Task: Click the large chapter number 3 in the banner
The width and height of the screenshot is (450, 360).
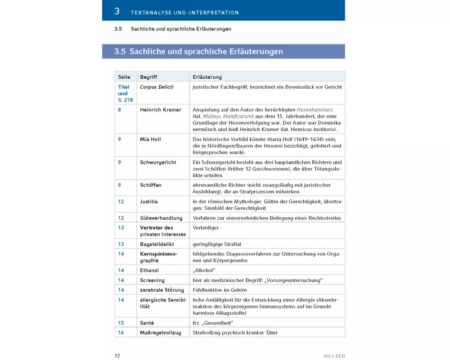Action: point(117,11)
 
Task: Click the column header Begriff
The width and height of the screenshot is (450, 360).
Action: point(148,77)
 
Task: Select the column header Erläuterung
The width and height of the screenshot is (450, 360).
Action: point(207,77)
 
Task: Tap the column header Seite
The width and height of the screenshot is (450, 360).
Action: point(124,77)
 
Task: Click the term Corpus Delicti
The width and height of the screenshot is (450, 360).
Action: point(157,87)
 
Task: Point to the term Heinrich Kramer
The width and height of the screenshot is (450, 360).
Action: point(160,110)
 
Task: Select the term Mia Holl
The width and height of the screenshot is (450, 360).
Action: point(150,139)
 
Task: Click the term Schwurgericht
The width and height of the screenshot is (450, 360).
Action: point(158,162)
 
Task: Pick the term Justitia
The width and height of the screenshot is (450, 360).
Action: point(148,202)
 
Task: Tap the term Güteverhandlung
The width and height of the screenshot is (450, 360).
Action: point(161,218)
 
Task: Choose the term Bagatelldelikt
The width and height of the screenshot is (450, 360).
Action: point(157,244)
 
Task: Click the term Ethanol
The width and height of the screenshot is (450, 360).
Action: point(149,270)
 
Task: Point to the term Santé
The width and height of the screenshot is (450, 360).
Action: point(147,323)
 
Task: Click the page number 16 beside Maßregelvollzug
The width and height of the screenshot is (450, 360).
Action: point(121,333)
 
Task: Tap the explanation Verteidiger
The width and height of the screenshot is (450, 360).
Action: point(206,228)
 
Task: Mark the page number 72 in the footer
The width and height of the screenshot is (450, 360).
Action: point(117,355)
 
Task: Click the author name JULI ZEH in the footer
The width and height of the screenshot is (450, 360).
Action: point(334,356)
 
